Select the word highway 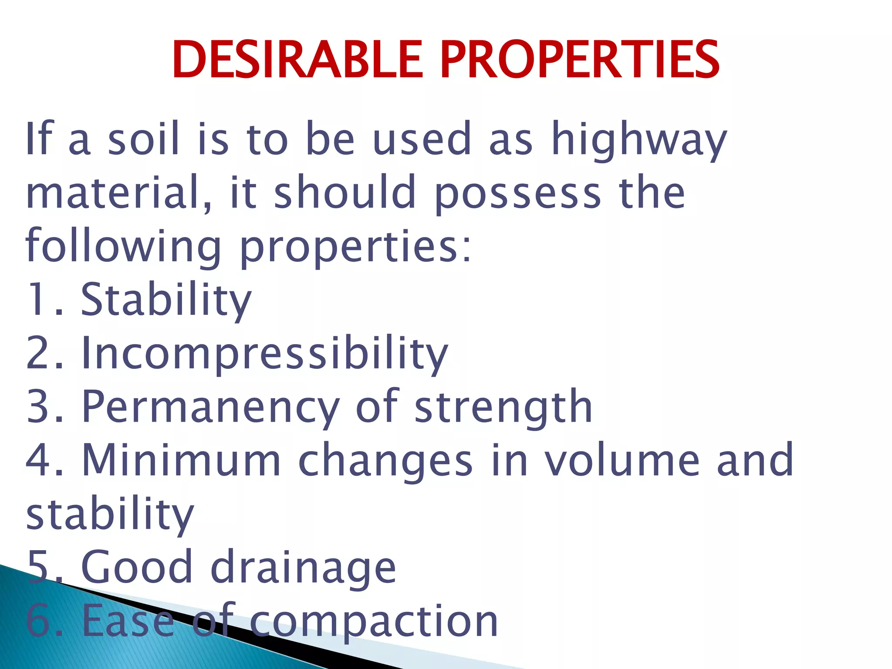639,139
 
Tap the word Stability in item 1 166,301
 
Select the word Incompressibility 265,354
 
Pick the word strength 503,408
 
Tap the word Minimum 181,460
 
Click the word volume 622,460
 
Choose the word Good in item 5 137,567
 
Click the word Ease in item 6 128,621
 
